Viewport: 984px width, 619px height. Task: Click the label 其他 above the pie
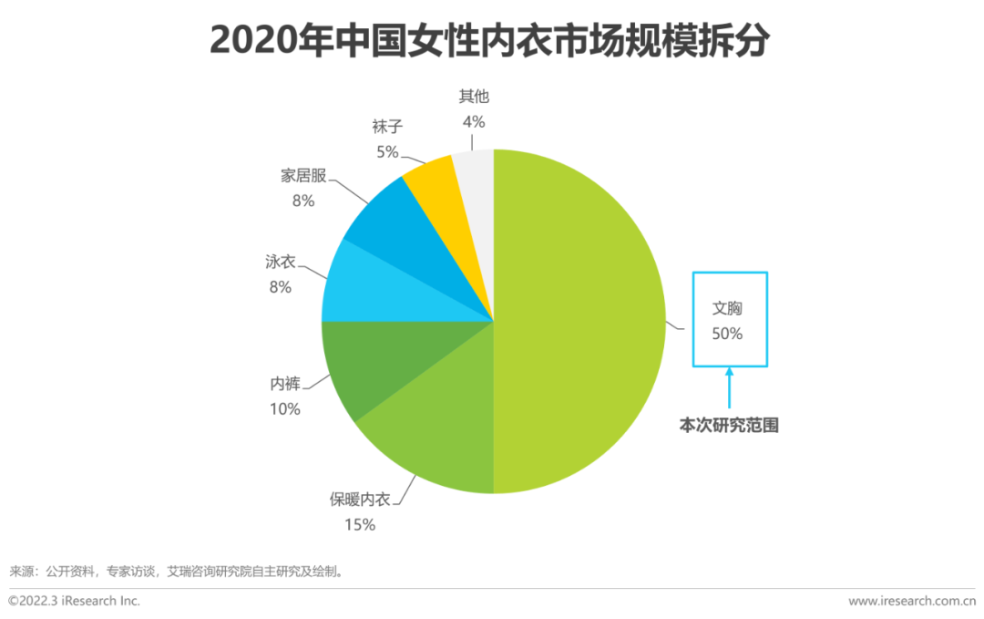[x=474, y=97]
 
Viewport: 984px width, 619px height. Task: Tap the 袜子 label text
[x=387, y=126]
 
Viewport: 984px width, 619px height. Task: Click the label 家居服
[x=303, y=176]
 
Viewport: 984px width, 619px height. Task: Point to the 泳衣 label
[x=280, y=262]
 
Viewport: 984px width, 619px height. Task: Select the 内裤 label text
[x=284, y=384]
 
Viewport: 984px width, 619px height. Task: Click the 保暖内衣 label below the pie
[x=359, y=500]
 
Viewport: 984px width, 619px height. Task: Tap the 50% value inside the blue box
[x=727, y=334]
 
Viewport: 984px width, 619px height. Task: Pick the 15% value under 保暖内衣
[x=359, y=524]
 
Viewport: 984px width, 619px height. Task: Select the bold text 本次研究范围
[x=729, y=425]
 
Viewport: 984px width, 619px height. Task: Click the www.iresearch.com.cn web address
[x=911, y=601]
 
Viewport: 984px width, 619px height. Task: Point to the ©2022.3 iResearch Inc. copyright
[x=75, y=601]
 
